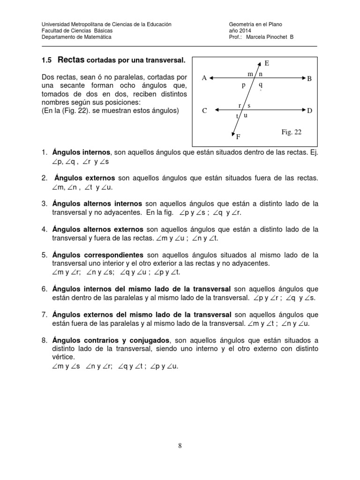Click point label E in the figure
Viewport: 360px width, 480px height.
click(x=267, y=63)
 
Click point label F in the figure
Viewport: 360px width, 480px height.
click(x=238, y=137)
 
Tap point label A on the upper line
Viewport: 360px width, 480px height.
click(x=204, y=78)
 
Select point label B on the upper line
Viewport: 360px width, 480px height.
click(x=309, y=79)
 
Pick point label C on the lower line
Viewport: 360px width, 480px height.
click(x=204, y=111)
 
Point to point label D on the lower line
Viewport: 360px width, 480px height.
click(x=309, y=111)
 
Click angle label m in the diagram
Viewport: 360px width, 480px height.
click(x=250, y=74)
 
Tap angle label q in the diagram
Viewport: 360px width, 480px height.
click(x=260, y=86)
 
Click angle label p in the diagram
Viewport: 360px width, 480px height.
click(x=244, y=86)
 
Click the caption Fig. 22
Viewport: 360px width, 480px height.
click(x=291, y=133)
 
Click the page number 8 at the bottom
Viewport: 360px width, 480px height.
click(x=180, y=446)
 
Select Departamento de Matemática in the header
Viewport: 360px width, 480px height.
click(x=76, y=37)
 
